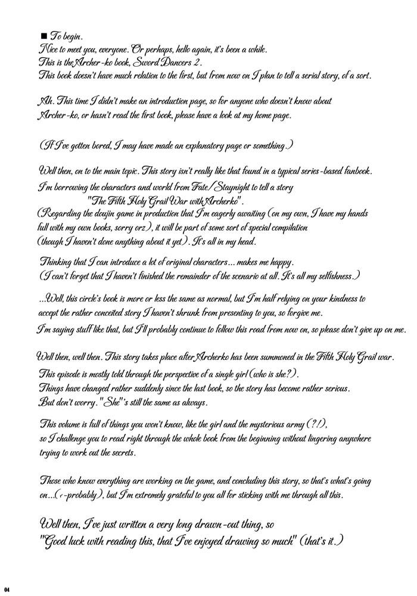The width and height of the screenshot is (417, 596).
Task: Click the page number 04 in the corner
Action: pyautogui.click(x=6, y=589)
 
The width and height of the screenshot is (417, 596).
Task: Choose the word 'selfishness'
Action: pyautogui.click(x=331, y=277)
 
